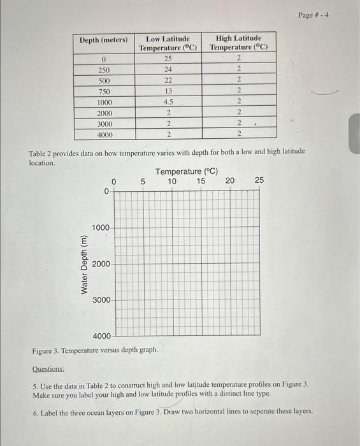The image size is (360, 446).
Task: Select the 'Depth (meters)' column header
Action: click(x=104, y=40)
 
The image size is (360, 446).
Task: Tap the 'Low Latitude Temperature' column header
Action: click(x=168, y=43)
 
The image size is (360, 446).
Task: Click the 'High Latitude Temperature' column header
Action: click(x=238, y=43)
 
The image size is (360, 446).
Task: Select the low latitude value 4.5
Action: click(x=168, y=101)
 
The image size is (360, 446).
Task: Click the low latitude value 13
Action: click(x=168, y=91)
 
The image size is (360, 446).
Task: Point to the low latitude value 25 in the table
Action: click(x=168, y=59)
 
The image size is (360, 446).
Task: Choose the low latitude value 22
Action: click(x=168, y=80)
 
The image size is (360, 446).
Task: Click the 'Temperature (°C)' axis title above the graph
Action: click(x=187, y=171)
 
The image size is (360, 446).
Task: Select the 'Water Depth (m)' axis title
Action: click(x=83, y=264)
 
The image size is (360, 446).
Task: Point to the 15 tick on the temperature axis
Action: click(x=201, y=182)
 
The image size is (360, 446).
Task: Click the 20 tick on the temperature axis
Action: click(x=230, y=182)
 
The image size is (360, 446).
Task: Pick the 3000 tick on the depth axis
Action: click(x=103, y=300)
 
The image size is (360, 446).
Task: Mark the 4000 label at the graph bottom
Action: click(x=102, y=336)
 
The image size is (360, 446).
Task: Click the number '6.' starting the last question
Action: click(x=36, y=412)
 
